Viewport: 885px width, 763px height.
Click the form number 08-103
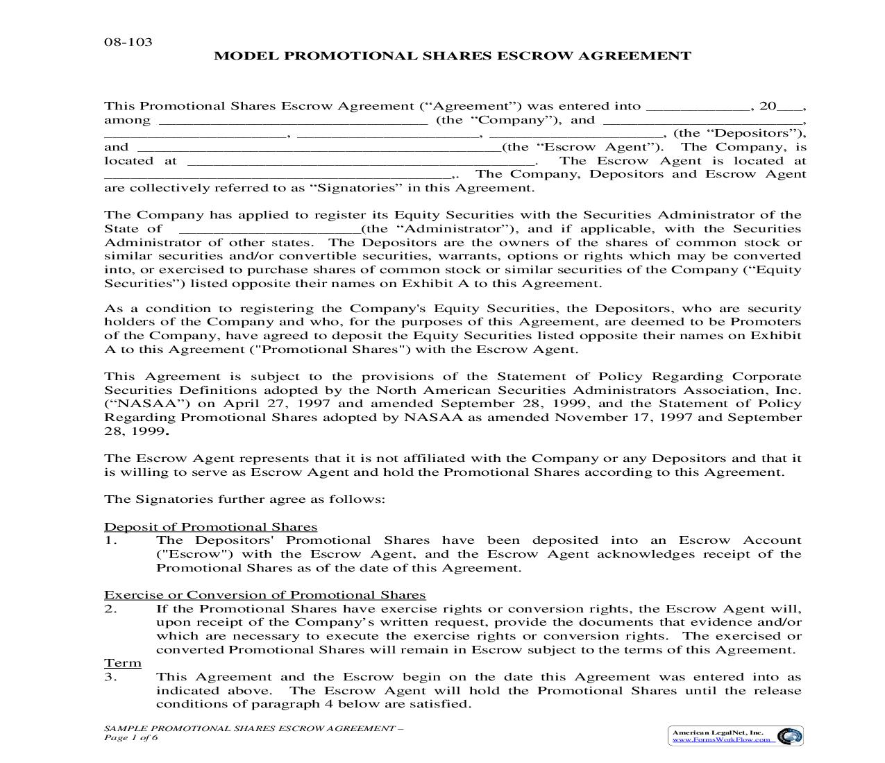click(x=128, y=42)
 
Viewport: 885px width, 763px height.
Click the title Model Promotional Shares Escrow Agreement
click(x=452, y=56)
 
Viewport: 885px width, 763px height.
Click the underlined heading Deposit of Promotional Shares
click(x=210, y=527)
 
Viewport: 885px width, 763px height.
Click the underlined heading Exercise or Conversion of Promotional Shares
click(x=264, y=595)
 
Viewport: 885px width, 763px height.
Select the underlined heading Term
click(x=123, y=663)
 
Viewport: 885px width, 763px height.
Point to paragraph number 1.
click(x=112, y=540)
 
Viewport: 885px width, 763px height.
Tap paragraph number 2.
click(x=112, y=609)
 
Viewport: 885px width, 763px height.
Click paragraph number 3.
click(x=112, y=677)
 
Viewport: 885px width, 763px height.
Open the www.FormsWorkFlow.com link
click(x=721, y=739)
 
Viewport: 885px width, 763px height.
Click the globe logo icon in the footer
click(x=789, y=736)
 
